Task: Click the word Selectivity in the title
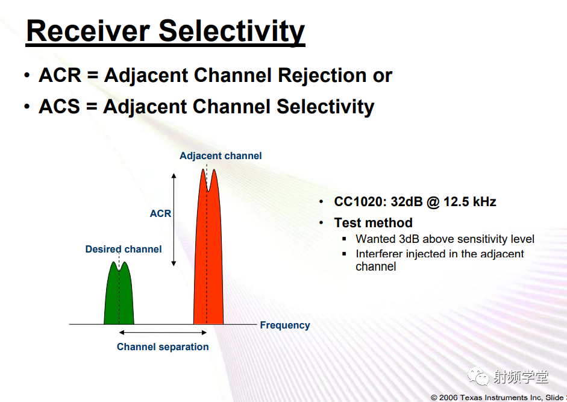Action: [x=232, y=32]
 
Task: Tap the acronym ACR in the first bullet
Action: [x=60, y=75]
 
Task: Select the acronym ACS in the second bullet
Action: [x=59, y=107]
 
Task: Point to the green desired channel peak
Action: [x=119, y=293]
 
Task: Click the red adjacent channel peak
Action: [x=208, y=247]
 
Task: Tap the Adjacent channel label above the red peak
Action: [x=221, y=155]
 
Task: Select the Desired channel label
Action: [x=124, y=249]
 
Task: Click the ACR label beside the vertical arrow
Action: [x=160, y=213]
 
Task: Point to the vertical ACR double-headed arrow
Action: [x=174, y=219]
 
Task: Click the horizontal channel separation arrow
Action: [x=163, y=332]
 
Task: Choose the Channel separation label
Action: [x=163, y=347]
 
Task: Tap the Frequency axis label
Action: [x=285, y=325]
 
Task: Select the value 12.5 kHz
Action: [x=470, y=201]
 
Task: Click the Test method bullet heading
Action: [x=373, y=222]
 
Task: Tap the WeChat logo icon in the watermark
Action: [x=478, y=377]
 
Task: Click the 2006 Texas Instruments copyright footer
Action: [x=499, y=397]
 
